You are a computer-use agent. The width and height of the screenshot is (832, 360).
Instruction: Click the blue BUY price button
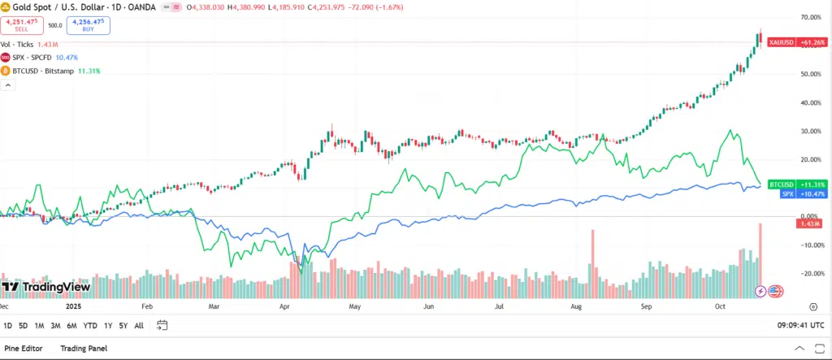click(x=88, y=25)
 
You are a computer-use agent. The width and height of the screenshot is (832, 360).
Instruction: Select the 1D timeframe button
click(x=8, y=325)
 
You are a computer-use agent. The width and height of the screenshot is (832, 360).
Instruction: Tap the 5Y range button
click(x=123, y=325)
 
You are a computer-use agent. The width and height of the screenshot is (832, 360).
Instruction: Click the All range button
click(x=139, y=325)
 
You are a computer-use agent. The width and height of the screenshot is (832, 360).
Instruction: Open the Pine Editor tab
click(x=24, y=349)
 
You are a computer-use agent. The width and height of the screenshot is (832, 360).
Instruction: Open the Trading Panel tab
click(x=84, y=349)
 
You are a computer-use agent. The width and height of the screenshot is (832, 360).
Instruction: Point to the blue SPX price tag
click(x=795, y=194)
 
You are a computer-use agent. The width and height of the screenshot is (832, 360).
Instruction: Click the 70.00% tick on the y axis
click(x=810, y=17)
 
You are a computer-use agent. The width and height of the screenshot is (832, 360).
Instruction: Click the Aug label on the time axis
click(x=576, y=308)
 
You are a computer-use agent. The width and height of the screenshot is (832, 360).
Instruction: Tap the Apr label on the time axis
click(x=284, y=308)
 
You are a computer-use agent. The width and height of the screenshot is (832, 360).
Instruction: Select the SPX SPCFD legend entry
click(x=39, y=58)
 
